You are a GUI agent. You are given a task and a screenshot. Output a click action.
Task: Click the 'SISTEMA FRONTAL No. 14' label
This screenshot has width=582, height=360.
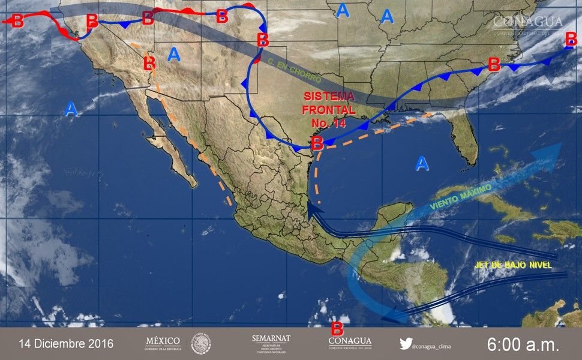click(329, 110)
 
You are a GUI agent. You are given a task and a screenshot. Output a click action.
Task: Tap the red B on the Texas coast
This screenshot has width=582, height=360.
click(317, 143)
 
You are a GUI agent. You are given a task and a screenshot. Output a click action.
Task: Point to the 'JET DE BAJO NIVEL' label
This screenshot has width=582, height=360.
click(511, 265)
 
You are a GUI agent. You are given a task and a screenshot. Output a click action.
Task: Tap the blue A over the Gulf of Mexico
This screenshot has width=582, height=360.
click(422, 163)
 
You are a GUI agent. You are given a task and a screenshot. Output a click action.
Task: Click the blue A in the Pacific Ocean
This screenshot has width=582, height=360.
click(71, 109)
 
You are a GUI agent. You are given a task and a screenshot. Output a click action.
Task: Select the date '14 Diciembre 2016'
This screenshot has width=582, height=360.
click(66, 344)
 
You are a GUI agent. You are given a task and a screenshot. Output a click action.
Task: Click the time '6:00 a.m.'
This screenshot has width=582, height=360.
click(523, 344)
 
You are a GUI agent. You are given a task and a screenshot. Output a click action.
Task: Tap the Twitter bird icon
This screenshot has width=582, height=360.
click(406, 344)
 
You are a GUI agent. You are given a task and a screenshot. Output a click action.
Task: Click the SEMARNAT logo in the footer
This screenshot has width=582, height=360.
click(271, 344)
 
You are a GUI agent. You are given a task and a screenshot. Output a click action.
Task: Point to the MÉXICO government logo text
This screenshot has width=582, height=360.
click(163, 343)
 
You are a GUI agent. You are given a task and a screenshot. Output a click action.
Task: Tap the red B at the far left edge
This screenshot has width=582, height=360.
click(17, 21)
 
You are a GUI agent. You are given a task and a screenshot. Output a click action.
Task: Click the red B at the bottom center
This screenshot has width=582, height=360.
click(337, 329)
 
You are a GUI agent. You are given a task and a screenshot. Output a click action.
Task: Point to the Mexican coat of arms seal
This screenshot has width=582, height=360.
click(201, 344)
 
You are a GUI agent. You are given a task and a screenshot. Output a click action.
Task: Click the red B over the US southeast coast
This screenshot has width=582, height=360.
click(494, 64)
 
